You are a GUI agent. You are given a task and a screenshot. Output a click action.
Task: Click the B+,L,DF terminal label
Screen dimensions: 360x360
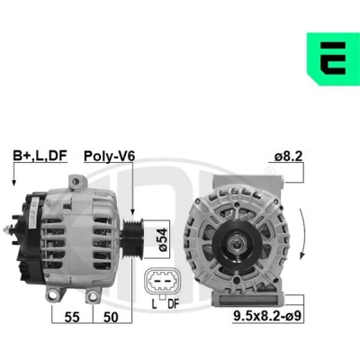[x=40, y=156]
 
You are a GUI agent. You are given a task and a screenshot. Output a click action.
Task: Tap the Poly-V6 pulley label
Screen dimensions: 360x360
[x=109, y=157]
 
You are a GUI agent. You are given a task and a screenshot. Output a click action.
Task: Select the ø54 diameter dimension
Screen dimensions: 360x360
[x=163, y=239]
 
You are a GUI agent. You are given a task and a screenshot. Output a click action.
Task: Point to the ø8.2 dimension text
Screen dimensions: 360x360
[x=288, y=157]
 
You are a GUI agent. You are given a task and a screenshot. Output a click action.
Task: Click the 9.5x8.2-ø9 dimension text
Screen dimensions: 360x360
[x=267, y=315]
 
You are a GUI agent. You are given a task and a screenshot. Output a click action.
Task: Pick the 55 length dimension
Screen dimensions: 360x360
[x=72, y=317]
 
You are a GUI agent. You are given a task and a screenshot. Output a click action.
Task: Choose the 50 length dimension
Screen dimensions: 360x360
[x=111, y=317]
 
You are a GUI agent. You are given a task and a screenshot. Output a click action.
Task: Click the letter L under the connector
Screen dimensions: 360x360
[x=154, y=304]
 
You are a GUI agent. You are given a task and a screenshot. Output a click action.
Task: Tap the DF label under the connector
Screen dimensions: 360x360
[x=173, y=304]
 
